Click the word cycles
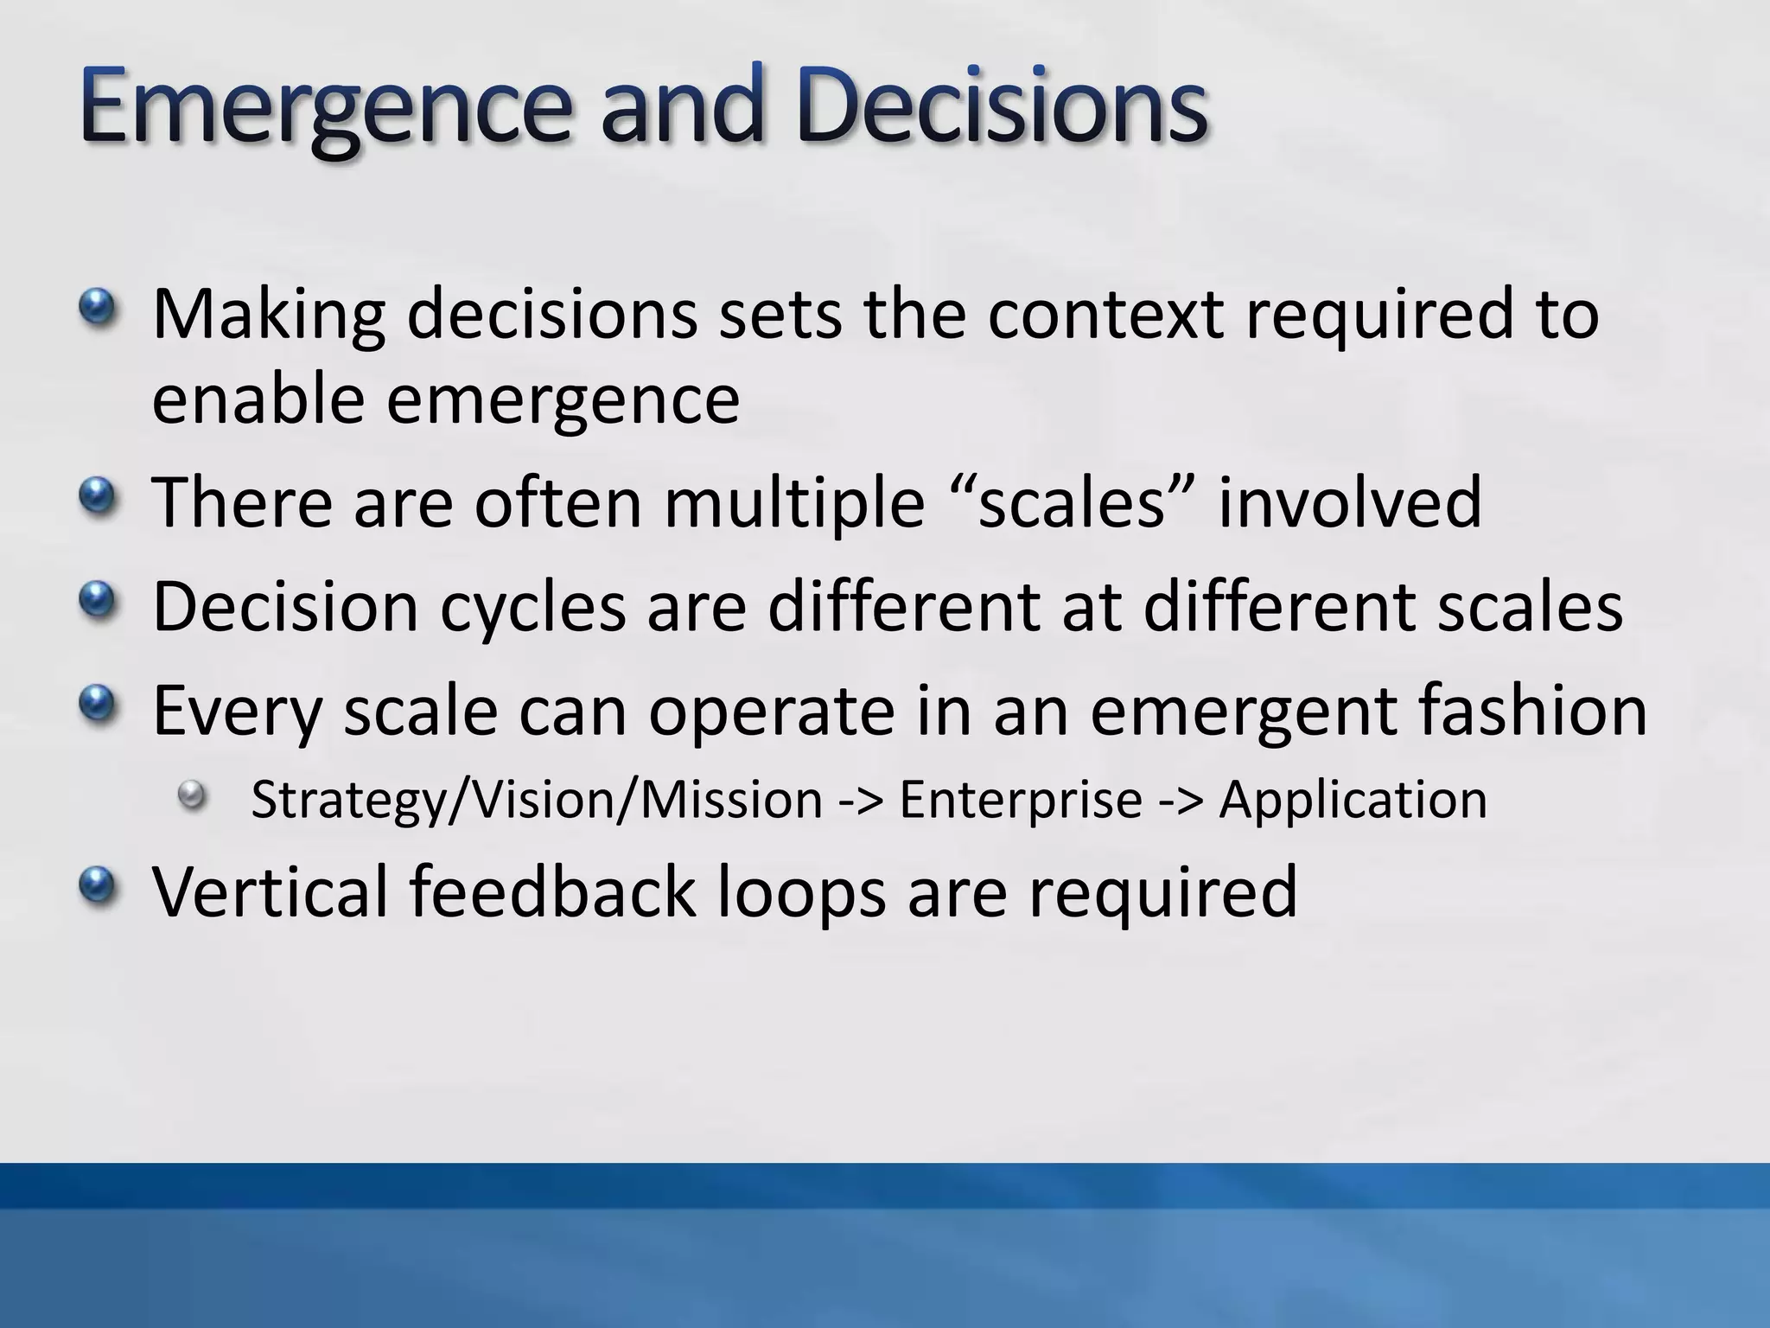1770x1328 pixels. (x=532, y=607)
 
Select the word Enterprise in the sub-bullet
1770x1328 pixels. (x=1020, y=800)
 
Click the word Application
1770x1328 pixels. (x=1353, y=800)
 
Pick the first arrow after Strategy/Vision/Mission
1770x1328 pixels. (x=861, y=800)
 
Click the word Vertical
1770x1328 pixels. (x=270, y=891)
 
